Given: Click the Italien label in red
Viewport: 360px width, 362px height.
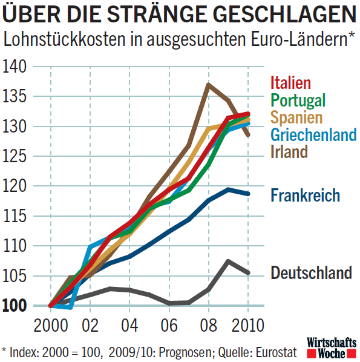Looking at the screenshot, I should pos(290,83).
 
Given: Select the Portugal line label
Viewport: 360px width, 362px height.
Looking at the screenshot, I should pos(298,100).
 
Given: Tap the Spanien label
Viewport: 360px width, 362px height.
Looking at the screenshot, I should pos(296,117).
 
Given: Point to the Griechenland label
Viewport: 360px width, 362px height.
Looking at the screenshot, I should pos(313,134).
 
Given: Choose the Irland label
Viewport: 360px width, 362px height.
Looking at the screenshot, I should pos(289,151).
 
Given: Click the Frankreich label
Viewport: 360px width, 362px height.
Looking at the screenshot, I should pos(305,195).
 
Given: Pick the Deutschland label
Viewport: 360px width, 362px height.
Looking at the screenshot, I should pos(311,272).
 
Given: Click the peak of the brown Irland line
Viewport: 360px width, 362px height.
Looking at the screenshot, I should pos(208,85).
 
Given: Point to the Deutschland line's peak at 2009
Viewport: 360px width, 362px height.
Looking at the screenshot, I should pos(227,261).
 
